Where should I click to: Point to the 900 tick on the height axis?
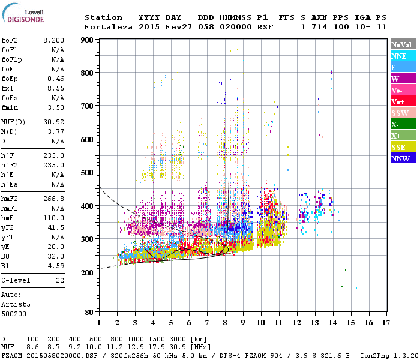(x=88, y=40)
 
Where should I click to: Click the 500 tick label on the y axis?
(x=88, y=173)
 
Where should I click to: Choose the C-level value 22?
(x=59, y=280)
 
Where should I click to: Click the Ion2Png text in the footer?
(x=377, y=355)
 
